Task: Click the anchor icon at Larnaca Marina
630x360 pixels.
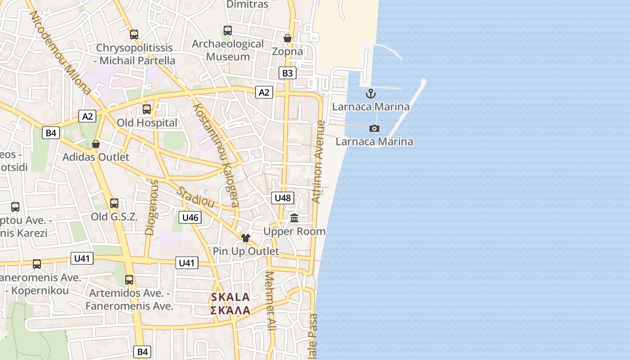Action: [x=371, y=94]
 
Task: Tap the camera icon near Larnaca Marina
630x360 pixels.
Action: [x=374, y=129]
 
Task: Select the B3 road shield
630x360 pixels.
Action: [x=288, y=73]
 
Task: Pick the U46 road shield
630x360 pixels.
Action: [x=190, y=218]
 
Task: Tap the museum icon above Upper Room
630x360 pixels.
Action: [x=294, y=219]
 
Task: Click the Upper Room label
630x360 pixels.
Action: [x=294, y=231]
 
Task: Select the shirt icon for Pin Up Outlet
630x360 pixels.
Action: [x=245, y=238]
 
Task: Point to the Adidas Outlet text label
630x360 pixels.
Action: [x=95, y=157]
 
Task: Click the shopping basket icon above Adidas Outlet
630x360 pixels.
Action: [x=96, y=144]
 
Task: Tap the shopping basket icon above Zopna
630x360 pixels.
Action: [x=288, y=38]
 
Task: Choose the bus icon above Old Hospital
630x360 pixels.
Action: [x=146, y=109]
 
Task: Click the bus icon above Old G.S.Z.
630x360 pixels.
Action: [x=114, y=203]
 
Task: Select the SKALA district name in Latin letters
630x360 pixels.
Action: [x=230, y=297]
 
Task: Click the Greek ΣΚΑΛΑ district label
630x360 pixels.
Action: [x=230, y=310]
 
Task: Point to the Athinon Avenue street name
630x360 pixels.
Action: [x=318, y=162]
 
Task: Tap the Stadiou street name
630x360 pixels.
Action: [x=195, y=197]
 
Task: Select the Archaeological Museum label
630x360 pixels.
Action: [x=228, y=50]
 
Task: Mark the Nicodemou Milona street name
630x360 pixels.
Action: [x=59, y=52]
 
